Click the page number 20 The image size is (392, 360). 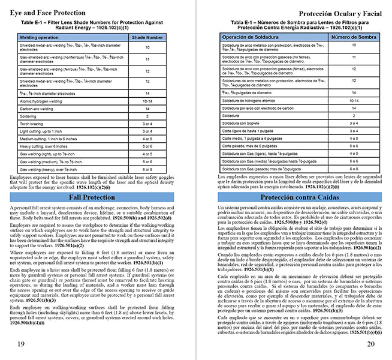click(370, 343)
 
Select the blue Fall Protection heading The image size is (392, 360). click(91, 197)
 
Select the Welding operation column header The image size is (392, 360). click(43, 37)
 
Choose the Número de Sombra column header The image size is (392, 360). click(353, 37)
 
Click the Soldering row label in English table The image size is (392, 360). click(31, 116)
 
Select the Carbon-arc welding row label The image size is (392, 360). click(37, 109)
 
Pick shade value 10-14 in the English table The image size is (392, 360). click(147, 101)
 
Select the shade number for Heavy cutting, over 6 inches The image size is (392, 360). click(147, 146)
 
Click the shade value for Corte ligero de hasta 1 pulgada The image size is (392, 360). click(354, 130)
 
